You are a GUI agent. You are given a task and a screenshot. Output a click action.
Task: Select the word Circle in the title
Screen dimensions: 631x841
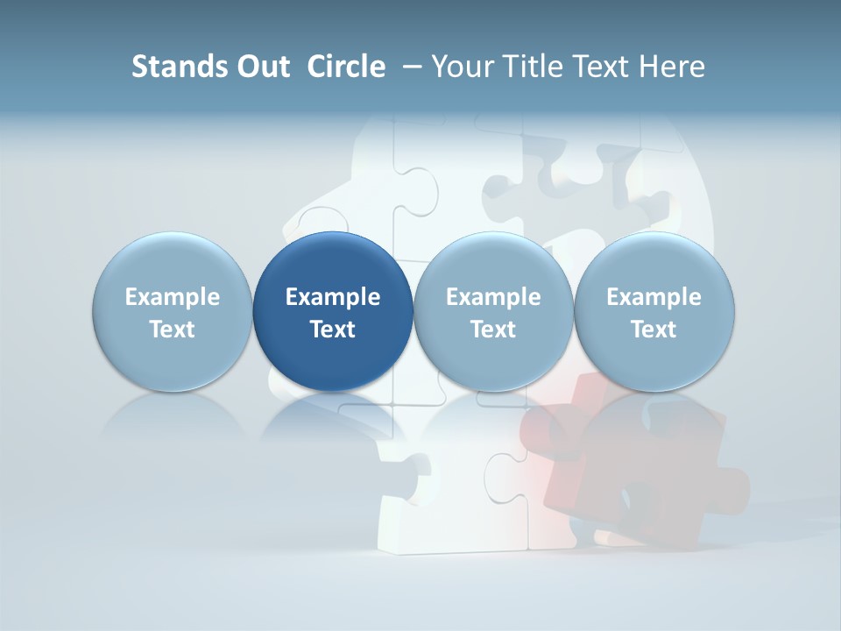coord(346,67)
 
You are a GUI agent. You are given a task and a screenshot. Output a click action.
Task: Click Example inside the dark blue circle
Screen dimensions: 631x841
coord(333,297)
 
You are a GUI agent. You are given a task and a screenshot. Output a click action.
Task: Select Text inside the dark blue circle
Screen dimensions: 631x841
coord(333,330)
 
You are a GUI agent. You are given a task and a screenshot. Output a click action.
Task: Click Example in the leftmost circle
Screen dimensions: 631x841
coord(173,297)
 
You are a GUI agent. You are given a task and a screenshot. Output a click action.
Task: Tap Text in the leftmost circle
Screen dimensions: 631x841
coord(173,330)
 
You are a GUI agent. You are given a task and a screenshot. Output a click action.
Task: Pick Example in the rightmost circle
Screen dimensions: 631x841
coord(654,297)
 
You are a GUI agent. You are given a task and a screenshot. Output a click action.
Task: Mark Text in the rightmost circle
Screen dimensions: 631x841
coord(654,330)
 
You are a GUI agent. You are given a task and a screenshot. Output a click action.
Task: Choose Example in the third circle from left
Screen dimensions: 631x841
coord(493,297)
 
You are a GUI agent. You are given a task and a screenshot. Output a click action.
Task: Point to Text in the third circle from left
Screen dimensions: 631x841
coord(493,330)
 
